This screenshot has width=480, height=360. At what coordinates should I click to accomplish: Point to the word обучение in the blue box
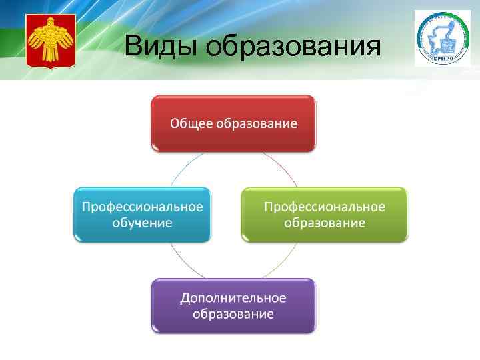(142, 222)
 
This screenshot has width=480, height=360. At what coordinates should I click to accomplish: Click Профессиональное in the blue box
(142, 206)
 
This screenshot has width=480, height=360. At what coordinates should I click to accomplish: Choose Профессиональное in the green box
(324, 206)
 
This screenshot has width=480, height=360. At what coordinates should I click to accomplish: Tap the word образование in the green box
(324, 222)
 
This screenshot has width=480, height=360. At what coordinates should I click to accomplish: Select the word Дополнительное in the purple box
(233, 297)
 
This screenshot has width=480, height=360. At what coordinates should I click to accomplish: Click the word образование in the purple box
(233, 313)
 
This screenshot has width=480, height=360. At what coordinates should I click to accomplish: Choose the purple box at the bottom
(233, 305)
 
